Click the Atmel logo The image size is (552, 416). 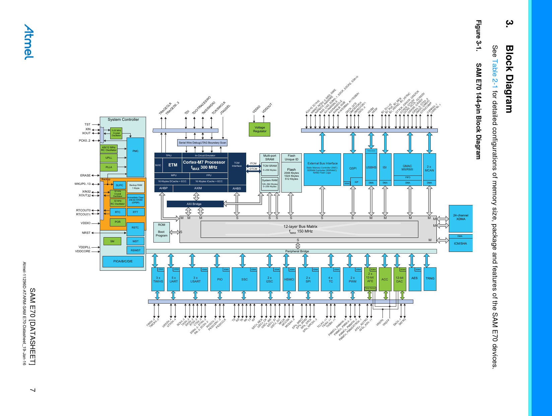pyautogui.click(x=29, y=42)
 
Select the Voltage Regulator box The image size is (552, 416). pyautogui.click(x=260, y=129)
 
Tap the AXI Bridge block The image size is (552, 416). pyautogui.click(x=195, y=204)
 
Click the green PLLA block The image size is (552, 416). pyautogui.click(x=109, y=167)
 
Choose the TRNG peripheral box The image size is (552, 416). pyautogui.click(x=430, y=279)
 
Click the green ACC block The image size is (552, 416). pyautogui.click(x=385, y=279)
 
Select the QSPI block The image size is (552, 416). pyautogui.click(x=353, y=168)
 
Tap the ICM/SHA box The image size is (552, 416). pyautogui.click(x=461, y=244)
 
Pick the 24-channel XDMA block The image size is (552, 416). pyautogui.click(x=461, y=218)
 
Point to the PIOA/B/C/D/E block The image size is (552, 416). pyautogui.click(x=123, y=261)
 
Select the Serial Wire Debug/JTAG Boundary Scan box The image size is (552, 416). pyautogui.click(x=202, y=143)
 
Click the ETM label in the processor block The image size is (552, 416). pyautogui.click(x=173, y=165)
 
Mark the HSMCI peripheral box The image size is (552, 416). pyautogui.click(x=289, y=279)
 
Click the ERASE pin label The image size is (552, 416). pyautogui.click(x=85, y=175)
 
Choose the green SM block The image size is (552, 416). pyautogui.click(x=112, y=241)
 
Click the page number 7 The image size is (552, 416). pyautogui.click(x=32, y=390)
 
